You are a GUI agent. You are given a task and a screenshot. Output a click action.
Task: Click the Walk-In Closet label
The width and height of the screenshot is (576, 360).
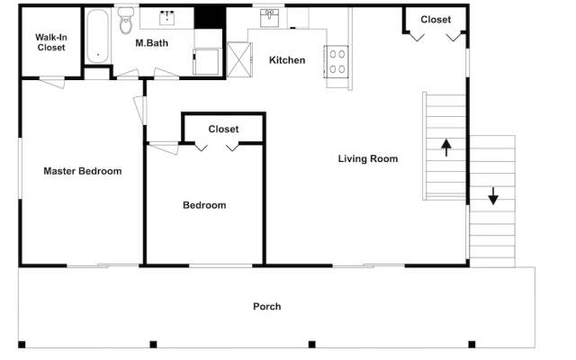coord(51,42)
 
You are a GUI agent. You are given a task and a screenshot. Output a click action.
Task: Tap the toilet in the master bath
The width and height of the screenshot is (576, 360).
coord(126,21)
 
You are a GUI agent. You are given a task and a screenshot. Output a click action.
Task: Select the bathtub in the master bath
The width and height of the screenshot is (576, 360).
coord(98,36)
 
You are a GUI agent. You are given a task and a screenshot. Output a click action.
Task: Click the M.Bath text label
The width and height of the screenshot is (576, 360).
coord(152,43)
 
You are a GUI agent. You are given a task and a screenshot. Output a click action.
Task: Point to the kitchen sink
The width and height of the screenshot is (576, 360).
coord(269,18)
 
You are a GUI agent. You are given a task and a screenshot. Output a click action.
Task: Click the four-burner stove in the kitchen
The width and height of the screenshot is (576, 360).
coord(337,62)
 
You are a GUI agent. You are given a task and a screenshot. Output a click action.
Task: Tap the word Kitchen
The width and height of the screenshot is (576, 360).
coord(287,60)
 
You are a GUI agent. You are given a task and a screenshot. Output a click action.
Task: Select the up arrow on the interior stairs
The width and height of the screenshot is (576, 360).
coord(446,148)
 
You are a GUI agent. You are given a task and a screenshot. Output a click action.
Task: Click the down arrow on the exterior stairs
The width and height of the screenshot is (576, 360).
coord(493,196)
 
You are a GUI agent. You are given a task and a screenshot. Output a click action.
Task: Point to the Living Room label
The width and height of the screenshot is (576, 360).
coord(368,158)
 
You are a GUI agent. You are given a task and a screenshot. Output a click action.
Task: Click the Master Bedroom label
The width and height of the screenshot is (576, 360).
coord(83,171)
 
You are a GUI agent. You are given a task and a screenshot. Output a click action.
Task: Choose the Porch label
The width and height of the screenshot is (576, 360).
coord(267,306)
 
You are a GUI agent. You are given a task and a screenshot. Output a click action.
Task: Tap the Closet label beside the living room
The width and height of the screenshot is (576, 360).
coord(436,19)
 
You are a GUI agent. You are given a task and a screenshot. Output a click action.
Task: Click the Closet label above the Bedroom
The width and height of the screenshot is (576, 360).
coord(223,129)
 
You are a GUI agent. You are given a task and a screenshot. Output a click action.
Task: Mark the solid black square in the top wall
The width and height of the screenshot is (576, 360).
coord(210,18)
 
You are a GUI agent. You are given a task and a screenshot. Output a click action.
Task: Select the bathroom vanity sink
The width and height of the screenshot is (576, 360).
coord(166,18)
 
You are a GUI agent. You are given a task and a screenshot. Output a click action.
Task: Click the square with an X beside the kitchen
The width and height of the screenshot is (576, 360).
coord(239,60)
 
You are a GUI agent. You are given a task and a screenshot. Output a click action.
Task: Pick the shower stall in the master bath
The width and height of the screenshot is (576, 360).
coord(206,62)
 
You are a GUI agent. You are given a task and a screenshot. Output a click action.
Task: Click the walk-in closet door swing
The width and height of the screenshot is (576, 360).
coord(52,82)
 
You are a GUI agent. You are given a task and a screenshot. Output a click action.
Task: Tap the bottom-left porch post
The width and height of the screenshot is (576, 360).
coord(22,345)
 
